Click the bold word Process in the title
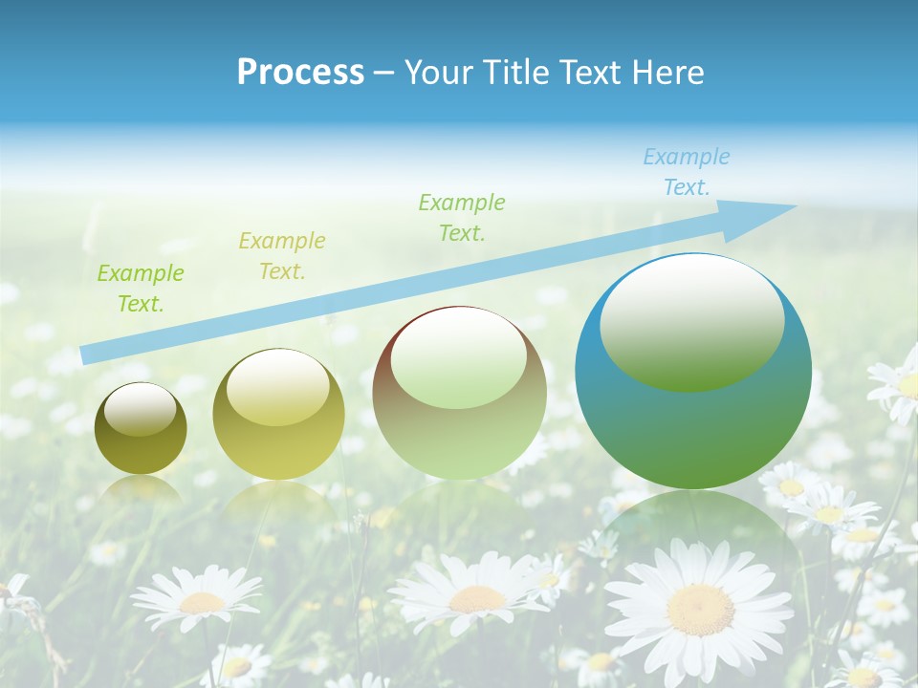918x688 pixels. coord(300,73)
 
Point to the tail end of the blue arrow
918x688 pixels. coord(84,355)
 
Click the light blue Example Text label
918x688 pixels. coord(686,172)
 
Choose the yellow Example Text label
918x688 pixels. coord(282,256)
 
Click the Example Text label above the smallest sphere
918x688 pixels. coord(141,289)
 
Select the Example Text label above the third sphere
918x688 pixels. coord(462,217)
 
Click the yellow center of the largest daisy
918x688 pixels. coord(700,609)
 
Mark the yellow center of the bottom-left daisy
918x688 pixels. coord(201,602)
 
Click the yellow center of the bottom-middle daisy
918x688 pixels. coord(476,599)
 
